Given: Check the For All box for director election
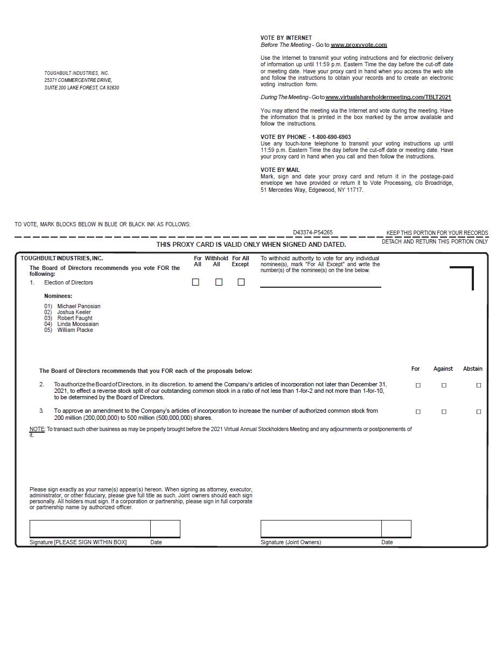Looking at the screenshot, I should [x=195, y=282].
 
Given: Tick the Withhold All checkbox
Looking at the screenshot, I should [x=219, y=282].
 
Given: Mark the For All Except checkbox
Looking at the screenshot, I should [x=241, y=282].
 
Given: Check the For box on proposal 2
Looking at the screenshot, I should [x=418, y=385].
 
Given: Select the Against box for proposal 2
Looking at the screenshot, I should [x=444, y=385].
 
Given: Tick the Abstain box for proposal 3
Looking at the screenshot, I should [x=479, y=412].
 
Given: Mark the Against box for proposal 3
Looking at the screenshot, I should [x=444, y=412].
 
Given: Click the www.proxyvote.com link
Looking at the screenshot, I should [x=359, y=45].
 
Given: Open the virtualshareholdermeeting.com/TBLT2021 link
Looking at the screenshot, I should [x=388, y=98].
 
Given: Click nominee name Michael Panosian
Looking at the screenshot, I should [x=79, y=307].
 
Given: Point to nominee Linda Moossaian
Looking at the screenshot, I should [x=78, y=324].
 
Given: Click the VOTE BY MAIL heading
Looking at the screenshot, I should [x=280, y=170].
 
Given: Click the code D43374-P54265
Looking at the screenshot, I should [x=313, y=233].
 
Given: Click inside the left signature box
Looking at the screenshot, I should [x=90, y=529].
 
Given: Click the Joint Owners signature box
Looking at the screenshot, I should [x=321, y=529].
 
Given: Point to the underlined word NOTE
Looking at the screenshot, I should [x=37, y=429].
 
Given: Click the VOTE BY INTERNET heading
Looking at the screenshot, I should [x=286, y=38].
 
